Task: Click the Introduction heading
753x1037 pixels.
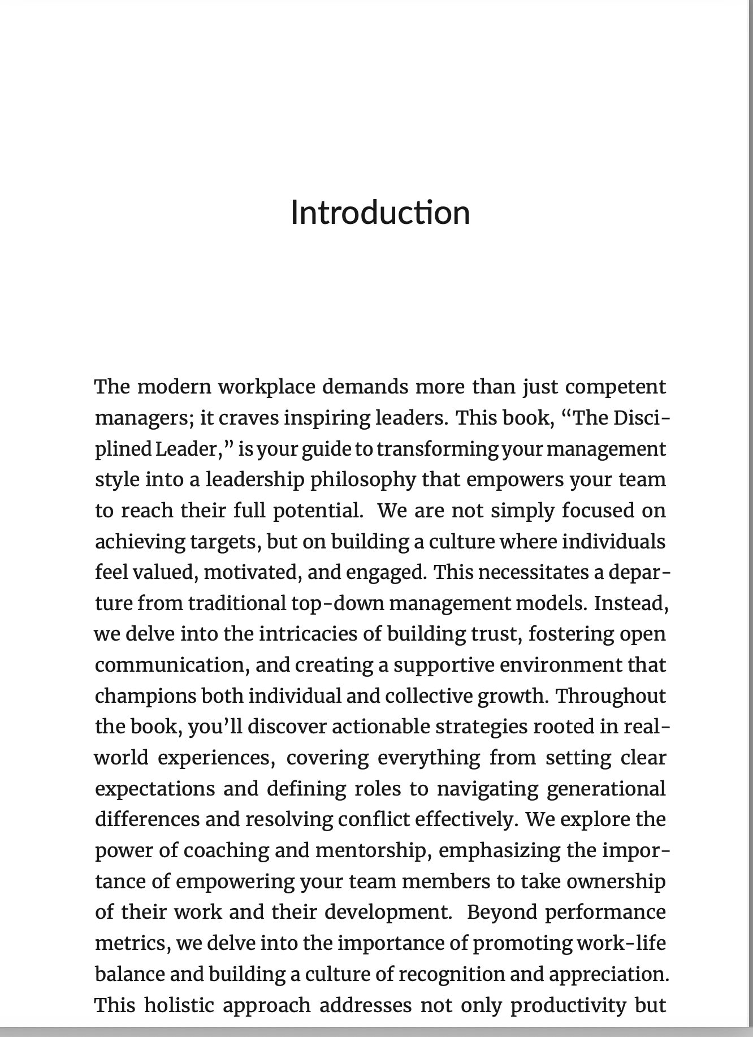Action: pyautogui.click(x=380, y=213)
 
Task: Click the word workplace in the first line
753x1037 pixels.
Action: pyautogui.click(x=267, y=387)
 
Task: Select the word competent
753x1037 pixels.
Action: pyautogui.click(x=616, y=387)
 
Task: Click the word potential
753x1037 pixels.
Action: pyautogui.click(x=318, y=511)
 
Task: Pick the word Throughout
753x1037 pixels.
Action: pyautogui.click(x=611, y=695)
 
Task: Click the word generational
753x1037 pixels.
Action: pyautogui.click(x=606, y=789)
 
